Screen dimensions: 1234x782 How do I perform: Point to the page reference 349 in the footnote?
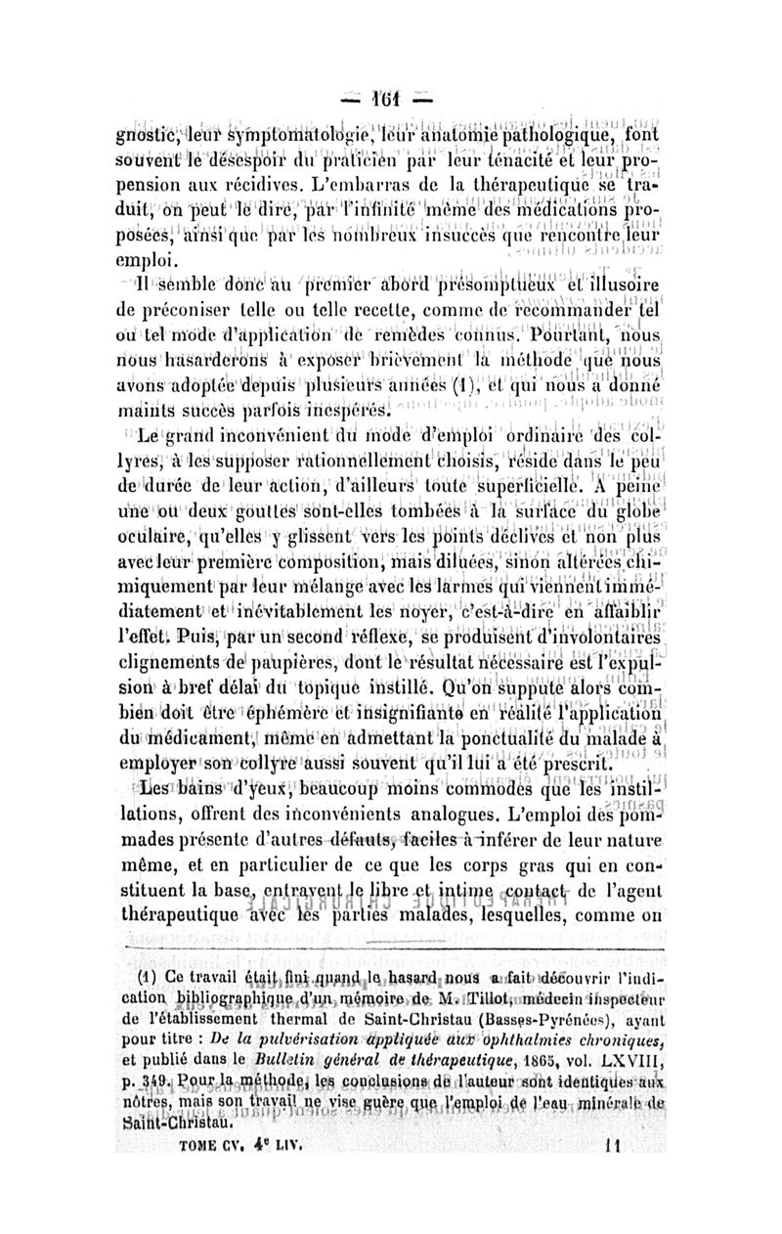(183, 1085)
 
